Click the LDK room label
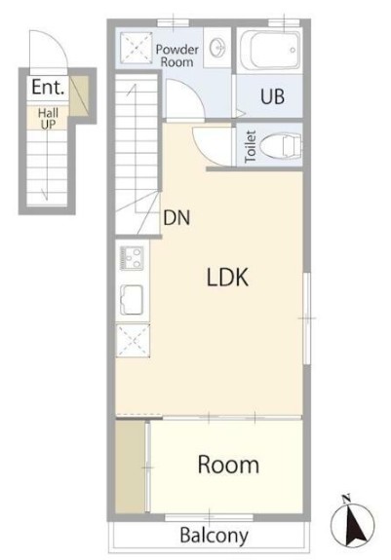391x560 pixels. point(227,278)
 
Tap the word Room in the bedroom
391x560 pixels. point(228,465)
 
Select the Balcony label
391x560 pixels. point(215,536)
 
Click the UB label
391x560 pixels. point(272,96)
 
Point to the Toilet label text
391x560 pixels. point(251,147)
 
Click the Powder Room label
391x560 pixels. point(176,56)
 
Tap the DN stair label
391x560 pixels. point(176,217)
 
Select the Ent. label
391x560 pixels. point(48,87)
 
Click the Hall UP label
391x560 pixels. point(48,119)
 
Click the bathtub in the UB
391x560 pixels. point(270,50)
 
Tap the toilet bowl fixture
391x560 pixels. point(281,146)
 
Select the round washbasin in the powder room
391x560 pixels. point(217,48)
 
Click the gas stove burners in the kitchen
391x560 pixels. point(133,258)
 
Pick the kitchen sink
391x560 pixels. point(132,300)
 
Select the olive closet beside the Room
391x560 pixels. point(130,467)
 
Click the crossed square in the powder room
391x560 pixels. point(136,49)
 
